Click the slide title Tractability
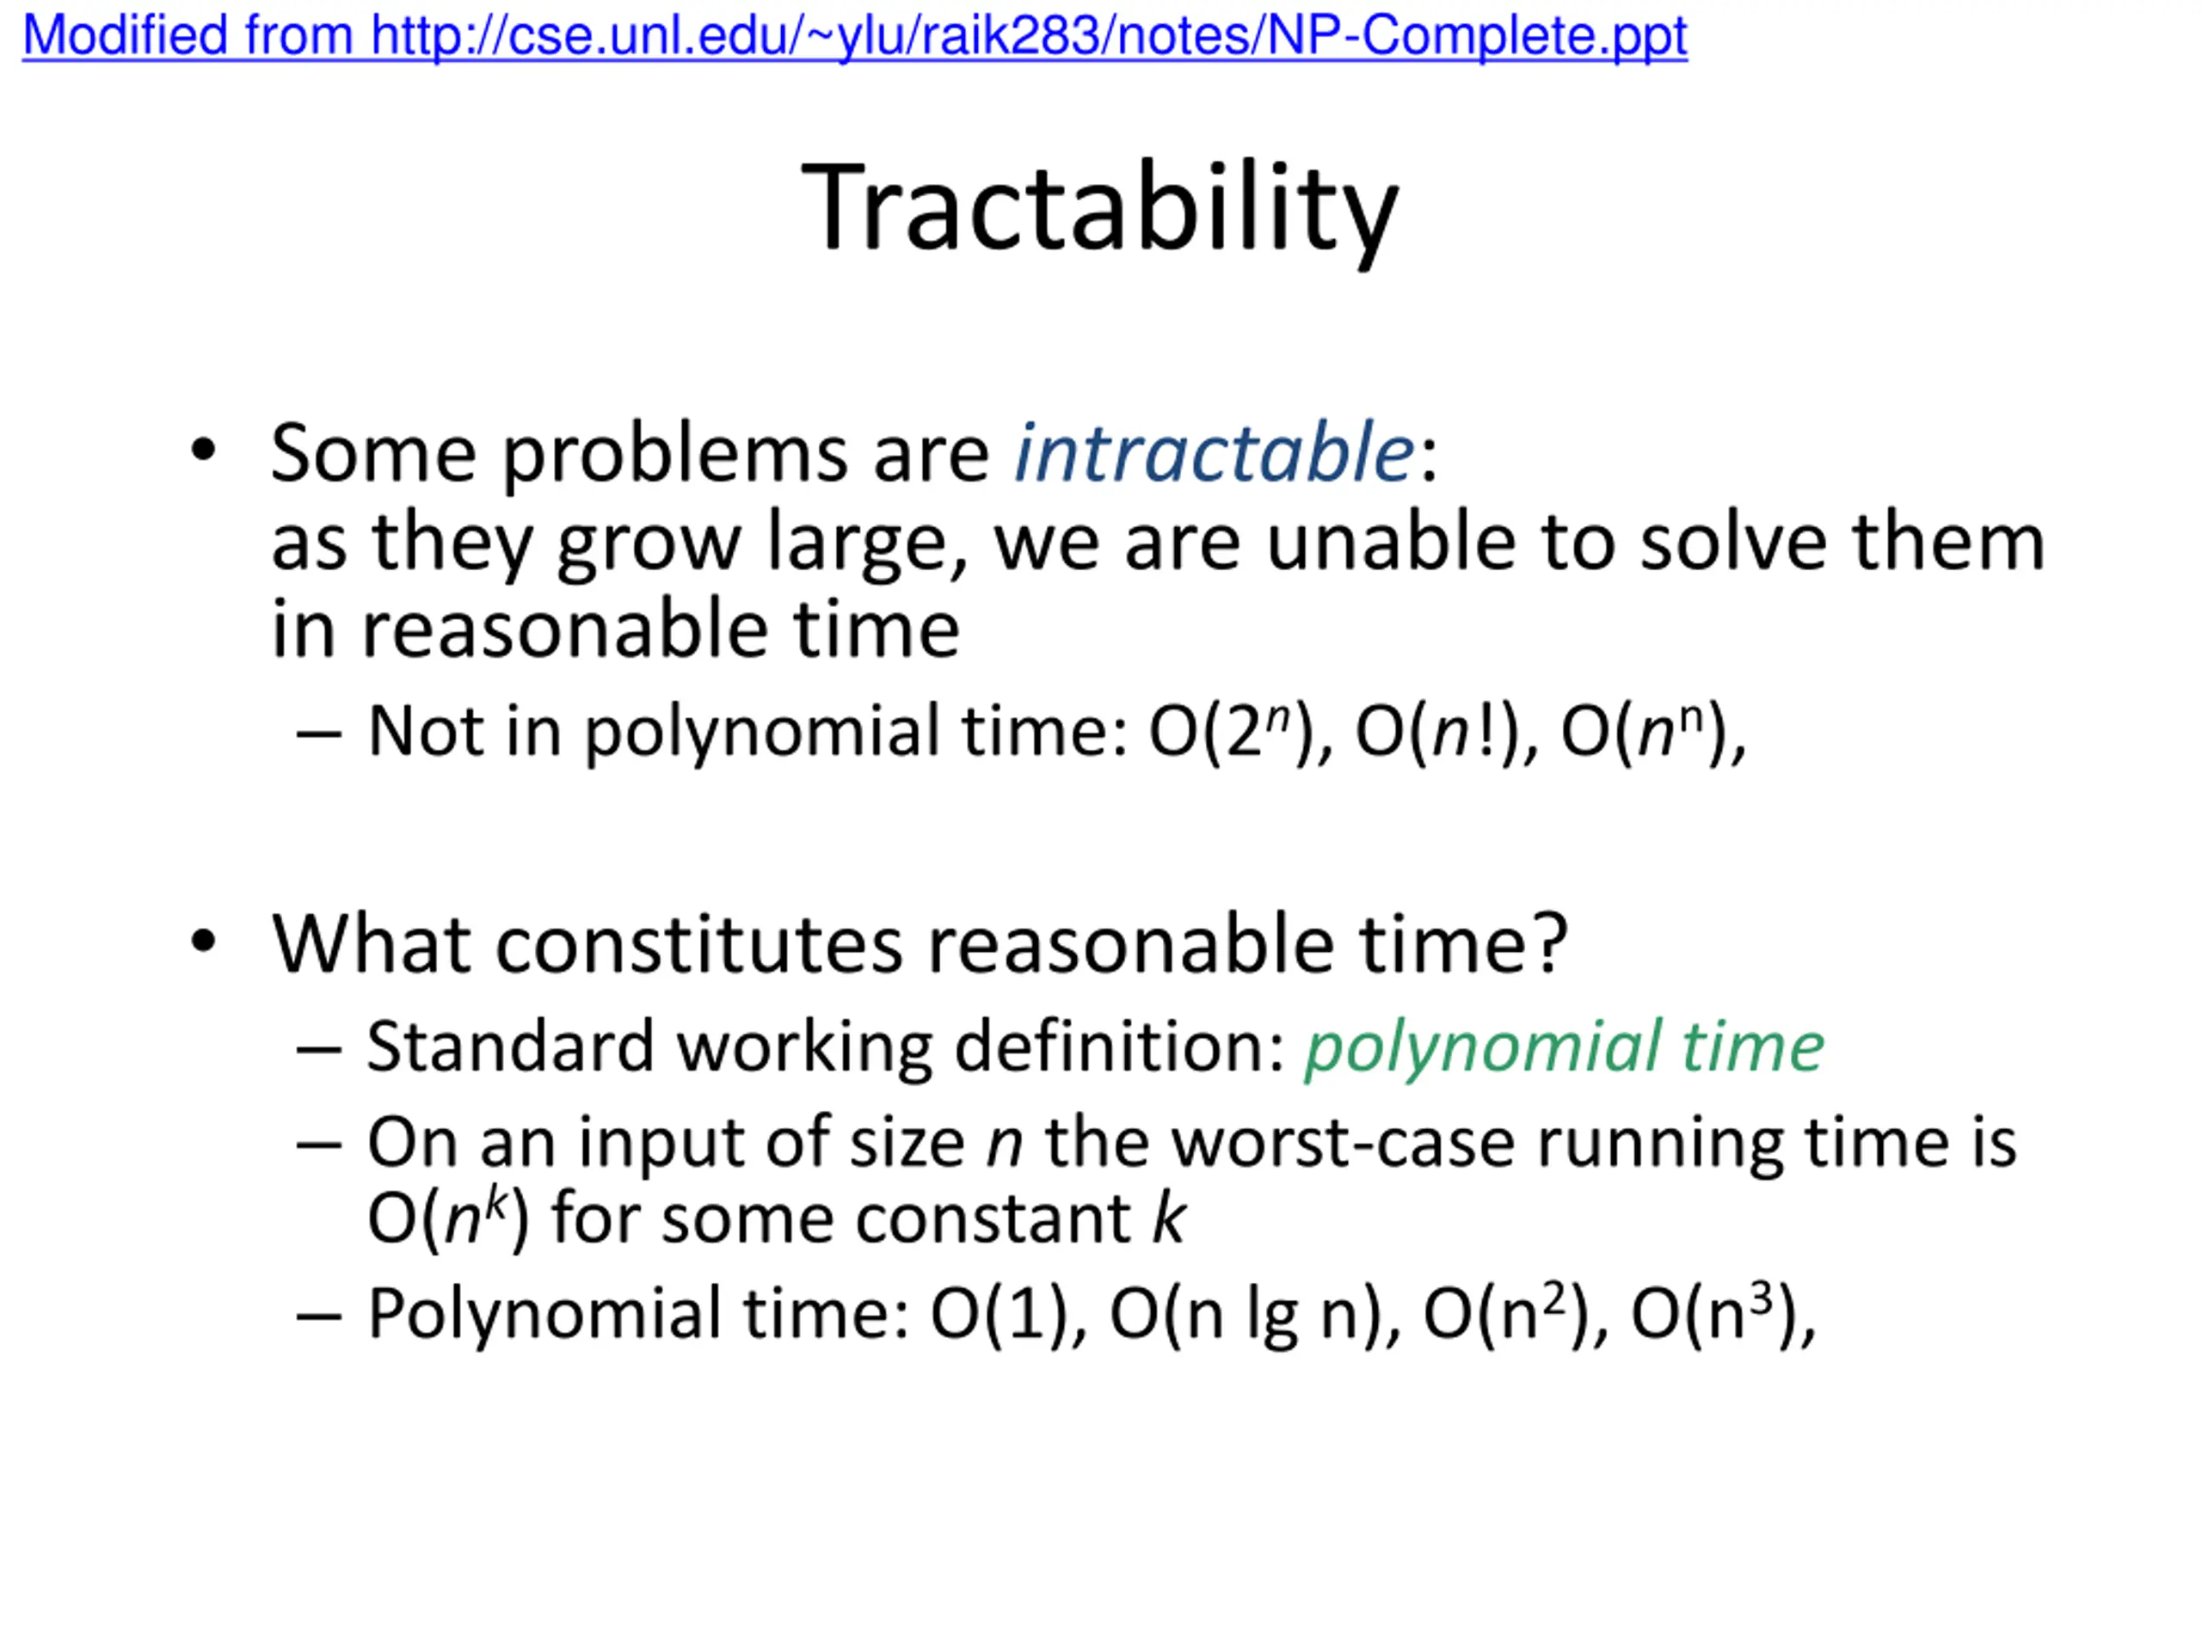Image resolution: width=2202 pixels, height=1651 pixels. [x=1100, y=211]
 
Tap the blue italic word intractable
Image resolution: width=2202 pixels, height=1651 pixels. [x=1214, y=453]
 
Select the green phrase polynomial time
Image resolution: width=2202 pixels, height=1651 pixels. [x=1564, y=1048]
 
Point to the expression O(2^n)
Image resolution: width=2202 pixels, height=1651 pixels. [x=1234, y=733]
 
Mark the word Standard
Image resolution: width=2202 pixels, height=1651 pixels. [x=511, y=1047]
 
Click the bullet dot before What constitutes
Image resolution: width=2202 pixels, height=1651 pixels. [x=203, y=942]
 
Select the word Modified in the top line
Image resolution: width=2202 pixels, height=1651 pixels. [x=126, y=36]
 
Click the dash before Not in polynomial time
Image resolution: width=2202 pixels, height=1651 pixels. [x=318, y=734]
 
